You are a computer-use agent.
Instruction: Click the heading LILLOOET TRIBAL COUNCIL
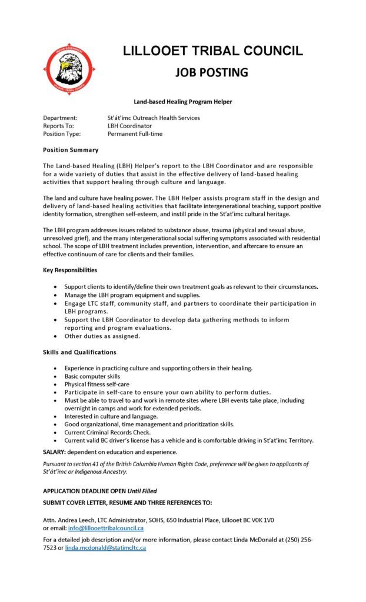(x=212, y=51)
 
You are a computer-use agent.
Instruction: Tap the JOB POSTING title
(x=212, y=72)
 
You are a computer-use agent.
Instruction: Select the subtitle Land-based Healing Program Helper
(x=182, y=102)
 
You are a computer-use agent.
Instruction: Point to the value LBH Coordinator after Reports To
(x=129, y=126)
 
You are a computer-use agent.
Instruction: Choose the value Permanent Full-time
(x=135, y=134)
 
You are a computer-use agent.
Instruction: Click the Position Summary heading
(x=71, y=150)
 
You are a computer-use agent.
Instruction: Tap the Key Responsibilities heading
(x=70, y=270)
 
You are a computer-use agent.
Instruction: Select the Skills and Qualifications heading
(x=79, y=352)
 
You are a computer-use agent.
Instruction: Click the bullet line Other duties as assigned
(x=102, y=336)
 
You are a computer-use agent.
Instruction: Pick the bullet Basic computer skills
(x=92, y=376)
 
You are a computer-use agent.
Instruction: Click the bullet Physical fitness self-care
(x=97, y=384)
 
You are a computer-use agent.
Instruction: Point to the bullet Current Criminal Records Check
(x=108, y=432)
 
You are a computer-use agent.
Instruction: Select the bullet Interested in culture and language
(x=111, y=416)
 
